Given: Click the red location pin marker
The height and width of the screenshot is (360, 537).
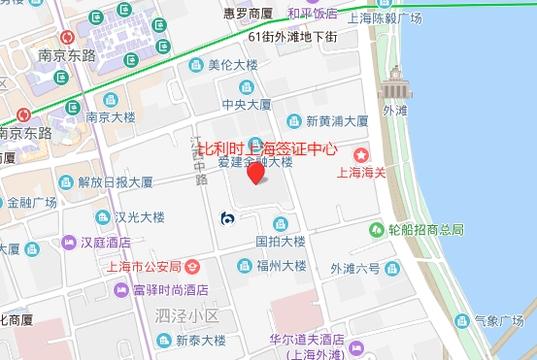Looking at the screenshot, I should coord(255,174).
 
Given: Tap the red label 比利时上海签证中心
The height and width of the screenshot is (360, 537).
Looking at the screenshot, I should coord(267,149).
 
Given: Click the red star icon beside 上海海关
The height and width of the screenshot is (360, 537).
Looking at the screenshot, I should coord(361,154).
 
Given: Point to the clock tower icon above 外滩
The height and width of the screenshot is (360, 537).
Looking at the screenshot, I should coord(394,83).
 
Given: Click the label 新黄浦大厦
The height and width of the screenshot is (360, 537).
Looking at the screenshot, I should coord(337,122).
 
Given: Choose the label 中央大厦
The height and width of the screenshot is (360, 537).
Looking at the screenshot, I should coord(247,104).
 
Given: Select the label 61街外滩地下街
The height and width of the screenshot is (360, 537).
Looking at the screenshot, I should coord(292,37).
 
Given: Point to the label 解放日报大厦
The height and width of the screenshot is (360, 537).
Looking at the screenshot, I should coord(116,181).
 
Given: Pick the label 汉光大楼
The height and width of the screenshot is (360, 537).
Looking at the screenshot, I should coord(139,217).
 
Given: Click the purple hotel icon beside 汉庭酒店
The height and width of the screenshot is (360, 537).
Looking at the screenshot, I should coord(68,242).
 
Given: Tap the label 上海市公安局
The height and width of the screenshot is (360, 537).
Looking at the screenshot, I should coord(142,266).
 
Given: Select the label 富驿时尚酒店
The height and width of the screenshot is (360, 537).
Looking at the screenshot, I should coord(170,289).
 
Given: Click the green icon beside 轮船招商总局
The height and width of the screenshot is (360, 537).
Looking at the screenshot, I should coord(376,229).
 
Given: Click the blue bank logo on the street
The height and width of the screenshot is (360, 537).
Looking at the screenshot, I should coord(226,218).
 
